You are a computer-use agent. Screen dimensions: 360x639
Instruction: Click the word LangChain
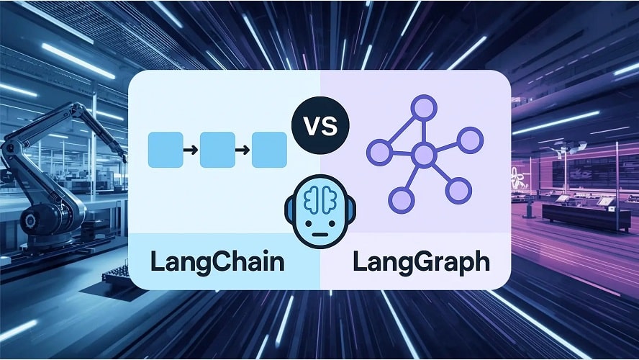(x=217, y=261)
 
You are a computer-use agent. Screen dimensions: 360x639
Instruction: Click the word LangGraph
(x=422, y=261)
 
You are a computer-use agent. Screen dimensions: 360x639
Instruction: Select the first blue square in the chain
(x=165, y=150)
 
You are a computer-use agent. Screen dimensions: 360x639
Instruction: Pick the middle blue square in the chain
(x=217, y=150)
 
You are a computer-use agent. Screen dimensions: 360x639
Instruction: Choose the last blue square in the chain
(x=269, y=150)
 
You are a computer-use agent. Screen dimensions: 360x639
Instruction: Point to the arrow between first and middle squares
(x=191, y=150)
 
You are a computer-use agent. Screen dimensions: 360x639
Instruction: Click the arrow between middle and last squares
(x=243, y=150)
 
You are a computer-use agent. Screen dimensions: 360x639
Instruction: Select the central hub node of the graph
(x=424, y=153)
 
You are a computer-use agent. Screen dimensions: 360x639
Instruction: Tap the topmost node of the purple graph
(x=424, y=109)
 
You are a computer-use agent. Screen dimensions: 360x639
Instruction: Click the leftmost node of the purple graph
(x=379, y=152)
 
